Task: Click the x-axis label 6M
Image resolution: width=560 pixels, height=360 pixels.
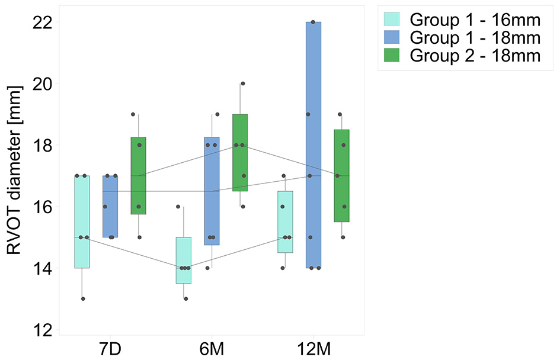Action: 212,348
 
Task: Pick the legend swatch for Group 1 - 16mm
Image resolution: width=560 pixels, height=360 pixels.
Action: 391,20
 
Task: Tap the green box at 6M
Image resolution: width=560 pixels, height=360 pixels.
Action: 240,153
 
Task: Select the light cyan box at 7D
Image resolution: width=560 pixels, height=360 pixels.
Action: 81,222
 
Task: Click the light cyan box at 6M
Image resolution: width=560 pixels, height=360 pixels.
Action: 183,261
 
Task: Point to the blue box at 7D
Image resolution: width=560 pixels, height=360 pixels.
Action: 110,207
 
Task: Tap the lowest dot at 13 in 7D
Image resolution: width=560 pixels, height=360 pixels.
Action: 83,299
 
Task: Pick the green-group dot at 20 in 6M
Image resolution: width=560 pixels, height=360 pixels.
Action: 242,83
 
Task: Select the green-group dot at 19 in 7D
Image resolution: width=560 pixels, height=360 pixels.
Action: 133,114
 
